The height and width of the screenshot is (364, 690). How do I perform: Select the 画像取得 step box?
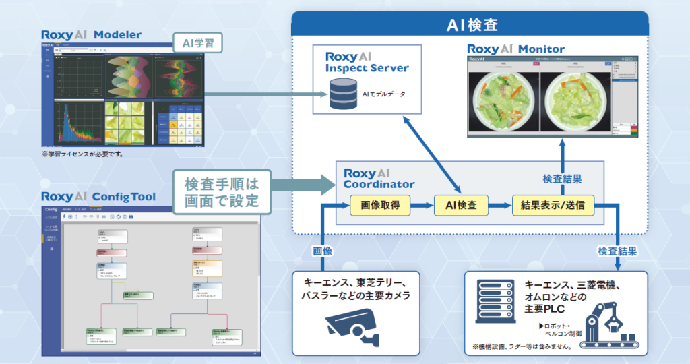pos(380,205)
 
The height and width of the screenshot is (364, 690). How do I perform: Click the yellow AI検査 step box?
pos(461,205)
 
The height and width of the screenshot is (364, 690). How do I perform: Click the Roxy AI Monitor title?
pos(515,49)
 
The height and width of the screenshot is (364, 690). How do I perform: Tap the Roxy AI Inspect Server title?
pos(367,62)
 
